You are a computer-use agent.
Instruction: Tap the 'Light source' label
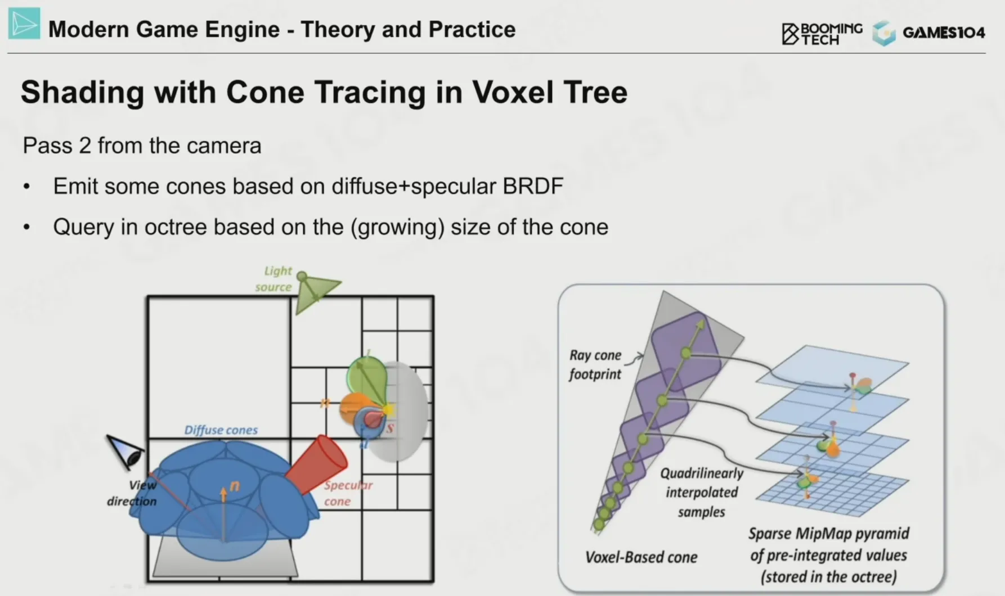274,279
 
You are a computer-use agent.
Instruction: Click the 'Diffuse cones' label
221,430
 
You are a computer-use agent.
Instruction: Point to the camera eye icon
125,451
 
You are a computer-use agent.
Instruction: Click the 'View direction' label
133,493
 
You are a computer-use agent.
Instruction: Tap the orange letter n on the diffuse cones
235,486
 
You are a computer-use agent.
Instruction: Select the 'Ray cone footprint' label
595,364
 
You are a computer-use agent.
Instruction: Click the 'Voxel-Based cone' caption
641,557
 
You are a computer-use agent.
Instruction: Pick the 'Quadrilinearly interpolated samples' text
702,493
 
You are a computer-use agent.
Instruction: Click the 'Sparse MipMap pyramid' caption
828,533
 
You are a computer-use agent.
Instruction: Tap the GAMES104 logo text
944,33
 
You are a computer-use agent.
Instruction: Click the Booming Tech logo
822,34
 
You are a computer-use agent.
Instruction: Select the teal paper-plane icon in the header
24,23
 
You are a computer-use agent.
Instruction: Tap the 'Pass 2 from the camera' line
142,146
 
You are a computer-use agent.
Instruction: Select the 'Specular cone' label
348,493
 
